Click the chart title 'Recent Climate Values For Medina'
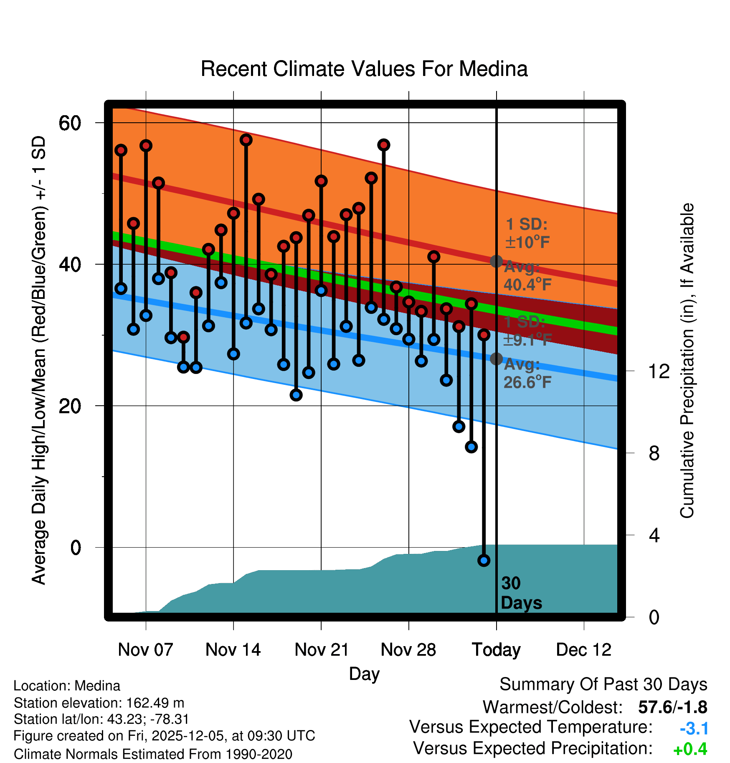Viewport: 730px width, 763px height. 364,69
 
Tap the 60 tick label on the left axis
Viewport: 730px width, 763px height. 70,123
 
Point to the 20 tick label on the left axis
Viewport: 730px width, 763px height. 70,406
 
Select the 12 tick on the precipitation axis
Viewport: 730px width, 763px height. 659,371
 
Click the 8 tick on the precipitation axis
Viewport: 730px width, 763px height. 654,453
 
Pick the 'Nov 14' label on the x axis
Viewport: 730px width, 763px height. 233,650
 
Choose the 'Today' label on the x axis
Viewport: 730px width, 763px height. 496,650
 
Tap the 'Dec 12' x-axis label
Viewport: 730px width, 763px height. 584,650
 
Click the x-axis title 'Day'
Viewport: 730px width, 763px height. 364,674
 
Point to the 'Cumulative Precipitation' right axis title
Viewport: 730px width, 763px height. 687,361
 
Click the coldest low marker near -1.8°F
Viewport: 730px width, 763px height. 484,561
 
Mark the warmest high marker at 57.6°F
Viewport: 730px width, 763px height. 246,140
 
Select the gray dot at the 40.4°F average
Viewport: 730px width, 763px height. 496,261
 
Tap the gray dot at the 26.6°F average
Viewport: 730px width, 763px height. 496,359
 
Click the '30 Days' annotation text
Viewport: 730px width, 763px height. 521,593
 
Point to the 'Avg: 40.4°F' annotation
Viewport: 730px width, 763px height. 527,276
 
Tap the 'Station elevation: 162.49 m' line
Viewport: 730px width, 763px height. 99,703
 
